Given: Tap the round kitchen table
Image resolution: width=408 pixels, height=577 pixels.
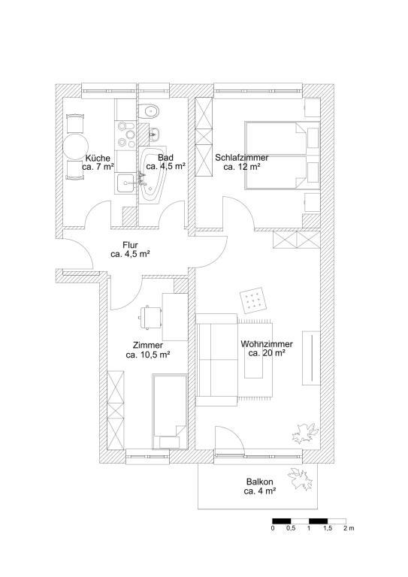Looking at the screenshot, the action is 75,147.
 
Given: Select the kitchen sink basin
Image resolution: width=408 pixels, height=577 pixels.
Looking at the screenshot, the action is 125,183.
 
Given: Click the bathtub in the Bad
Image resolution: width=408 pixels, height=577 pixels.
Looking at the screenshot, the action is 151,174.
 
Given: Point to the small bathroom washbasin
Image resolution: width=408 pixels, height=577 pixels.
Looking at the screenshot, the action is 154,134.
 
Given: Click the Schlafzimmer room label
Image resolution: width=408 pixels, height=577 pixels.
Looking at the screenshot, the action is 242,158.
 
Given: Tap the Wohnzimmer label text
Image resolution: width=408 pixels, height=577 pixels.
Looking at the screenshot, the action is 267,344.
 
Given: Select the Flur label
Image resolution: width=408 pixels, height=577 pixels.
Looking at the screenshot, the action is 130,245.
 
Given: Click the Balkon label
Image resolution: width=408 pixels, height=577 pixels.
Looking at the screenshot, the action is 260,482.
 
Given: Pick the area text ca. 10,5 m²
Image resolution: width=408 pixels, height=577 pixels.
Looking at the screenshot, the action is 147,355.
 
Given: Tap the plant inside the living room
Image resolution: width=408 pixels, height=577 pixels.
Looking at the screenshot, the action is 304,433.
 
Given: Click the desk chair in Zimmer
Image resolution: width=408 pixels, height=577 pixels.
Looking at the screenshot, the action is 151,317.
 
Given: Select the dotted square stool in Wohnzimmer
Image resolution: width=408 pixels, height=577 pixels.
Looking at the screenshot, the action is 255,301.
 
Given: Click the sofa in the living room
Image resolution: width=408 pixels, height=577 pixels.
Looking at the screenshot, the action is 216,360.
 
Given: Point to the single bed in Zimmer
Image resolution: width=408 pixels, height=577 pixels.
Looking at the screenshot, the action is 170,411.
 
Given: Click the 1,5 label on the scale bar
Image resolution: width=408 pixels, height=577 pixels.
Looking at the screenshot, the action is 328,528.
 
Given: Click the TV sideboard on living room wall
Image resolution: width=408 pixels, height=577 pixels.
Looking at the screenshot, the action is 311,358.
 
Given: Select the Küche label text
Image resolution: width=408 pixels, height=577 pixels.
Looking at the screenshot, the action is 98,159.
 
